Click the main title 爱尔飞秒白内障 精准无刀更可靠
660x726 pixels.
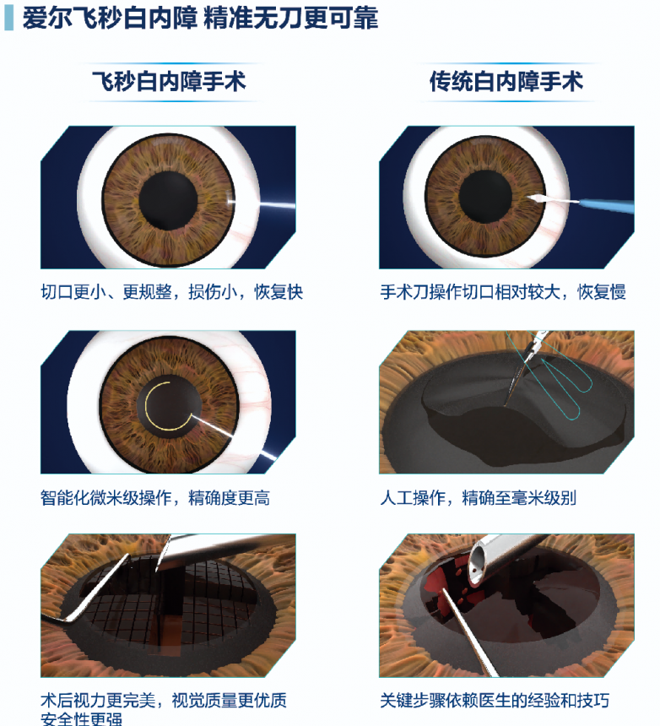(200, 19)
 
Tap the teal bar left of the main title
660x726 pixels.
(8, 19)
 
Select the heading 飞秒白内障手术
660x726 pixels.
(169, 82)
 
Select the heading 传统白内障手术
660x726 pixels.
(506, 82)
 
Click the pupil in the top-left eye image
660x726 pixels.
(169, 200)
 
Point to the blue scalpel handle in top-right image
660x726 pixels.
(606, 206)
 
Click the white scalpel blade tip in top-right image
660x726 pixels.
(530, 197)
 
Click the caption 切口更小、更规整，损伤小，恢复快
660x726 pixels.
(171, 292)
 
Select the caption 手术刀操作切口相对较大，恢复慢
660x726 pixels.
(503, 292)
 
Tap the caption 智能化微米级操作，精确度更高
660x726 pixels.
(155, 498)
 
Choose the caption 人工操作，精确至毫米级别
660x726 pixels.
(478, 498)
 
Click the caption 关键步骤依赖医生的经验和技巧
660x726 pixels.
(495, 700)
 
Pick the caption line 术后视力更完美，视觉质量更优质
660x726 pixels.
(164, 700)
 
